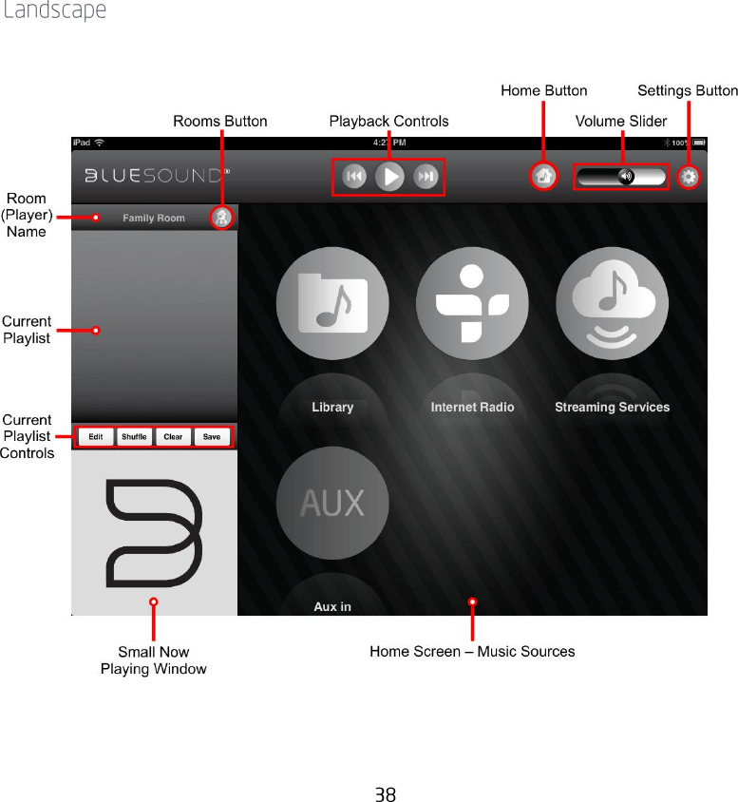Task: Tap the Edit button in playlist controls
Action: click(96, 437)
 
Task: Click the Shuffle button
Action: click(134, 437)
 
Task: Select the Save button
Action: click(211, 437)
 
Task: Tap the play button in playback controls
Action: click(389, 177)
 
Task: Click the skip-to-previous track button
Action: click(354, 177)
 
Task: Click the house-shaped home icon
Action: click(543, 176)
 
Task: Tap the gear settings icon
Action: click(689, 177)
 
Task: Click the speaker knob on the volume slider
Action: click(625, 177)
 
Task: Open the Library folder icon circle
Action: click(332, 303)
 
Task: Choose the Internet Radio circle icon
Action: click(472, 303)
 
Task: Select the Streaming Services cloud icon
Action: click(612, 303)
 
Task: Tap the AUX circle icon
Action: click(332, 502)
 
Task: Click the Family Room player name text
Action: click(154, 218)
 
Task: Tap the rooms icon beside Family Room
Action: click(221, 218)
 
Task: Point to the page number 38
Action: click(385, 794)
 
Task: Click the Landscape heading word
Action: click(54, 11)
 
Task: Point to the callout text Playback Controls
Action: click(388, 121)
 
